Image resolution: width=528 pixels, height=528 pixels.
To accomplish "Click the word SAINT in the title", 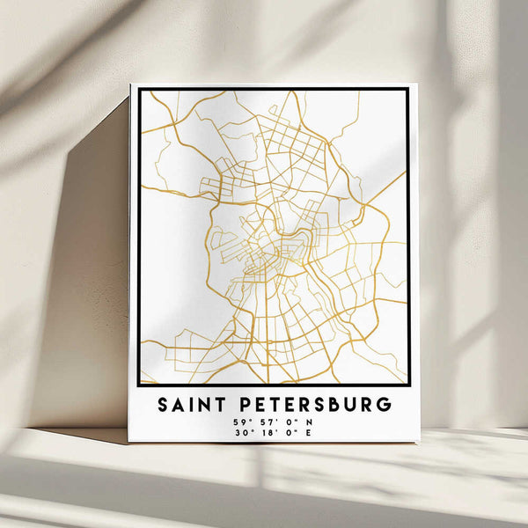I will tap(190, 406).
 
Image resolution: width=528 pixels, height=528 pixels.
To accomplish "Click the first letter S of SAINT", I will tap(164, 406).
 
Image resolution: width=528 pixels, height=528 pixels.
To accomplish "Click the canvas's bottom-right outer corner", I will tap(417, 443).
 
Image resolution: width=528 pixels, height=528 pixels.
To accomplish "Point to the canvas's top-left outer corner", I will tap(130, 84).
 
